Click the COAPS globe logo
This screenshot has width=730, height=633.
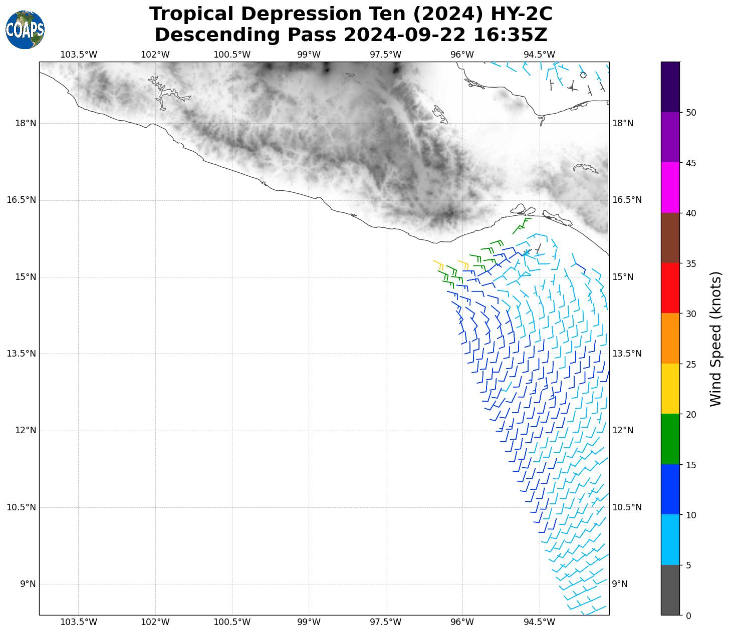point(25,30)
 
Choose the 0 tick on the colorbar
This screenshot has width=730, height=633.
point(688,615)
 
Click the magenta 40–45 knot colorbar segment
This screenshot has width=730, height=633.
point(670,188)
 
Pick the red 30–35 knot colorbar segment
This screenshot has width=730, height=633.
point(670,288)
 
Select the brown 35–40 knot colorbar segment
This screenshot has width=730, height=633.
point(670,238)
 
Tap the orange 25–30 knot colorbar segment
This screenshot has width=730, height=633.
point(670,339)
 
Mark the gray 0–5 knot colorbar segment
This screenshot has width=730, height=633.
point(670,590)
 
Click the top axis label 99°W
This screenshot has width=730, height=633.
point(309,55)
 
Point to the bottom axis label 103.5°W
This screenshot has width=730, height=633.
point(79,622)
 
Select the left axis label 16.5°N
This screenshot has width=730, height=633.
point(21,200)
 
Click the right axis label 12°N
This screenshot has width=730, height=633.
point(623,431)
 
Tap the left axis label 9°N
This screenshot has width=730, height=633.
point(28,584)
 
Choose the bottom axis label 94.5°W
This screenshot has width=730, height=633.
point(540,622)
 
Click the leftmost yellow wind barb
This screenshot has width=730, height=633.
point(438,264)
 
